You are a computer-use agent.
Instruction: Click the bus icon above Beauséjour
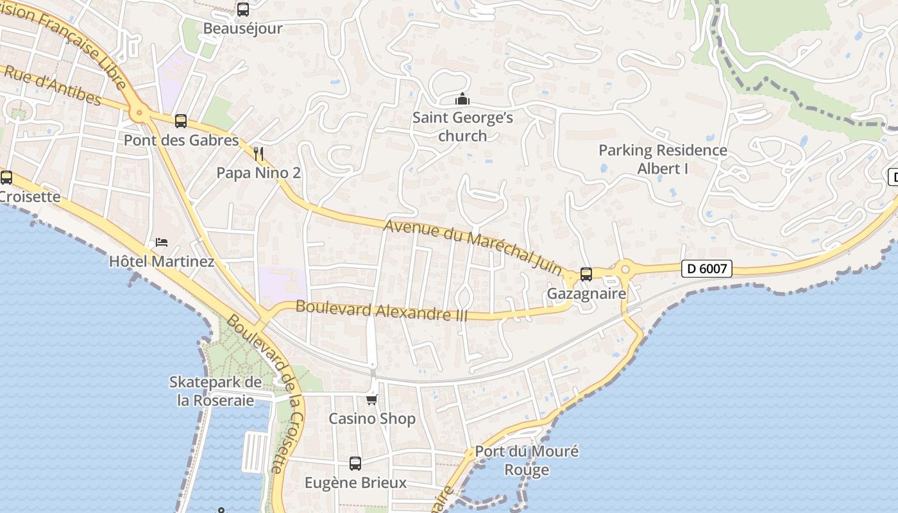243,10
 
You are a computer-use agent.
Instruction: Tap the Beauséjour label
243,29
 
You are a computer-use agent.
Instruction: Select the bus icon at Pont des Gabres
181,121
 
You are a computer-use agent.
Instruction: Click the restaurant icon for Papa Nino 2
258,153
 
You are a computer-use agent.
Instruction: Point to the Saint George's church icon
462,99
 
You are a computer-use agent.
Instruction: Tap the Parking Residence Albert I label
663,159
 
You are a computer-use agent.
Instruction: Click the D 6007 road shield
706,269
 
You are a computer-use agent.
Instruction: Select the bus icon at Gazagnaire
586,274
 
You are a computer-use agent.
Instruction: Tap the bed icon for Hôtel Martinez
162,242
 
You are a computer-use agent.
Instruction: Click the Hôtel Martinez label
162,262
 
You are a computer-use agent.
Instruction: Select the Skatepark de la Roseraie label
216,391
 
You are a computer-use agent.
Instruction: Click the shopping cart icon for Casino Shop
371,399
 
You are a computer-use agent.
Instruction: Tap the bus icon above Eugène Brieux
355,463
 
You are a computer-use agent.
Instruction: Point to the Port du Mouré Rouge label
527,460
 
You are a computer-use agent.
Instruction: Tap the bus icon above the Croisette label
6,178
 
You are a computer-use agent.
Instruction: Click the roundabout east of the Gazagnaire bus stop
625,267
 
